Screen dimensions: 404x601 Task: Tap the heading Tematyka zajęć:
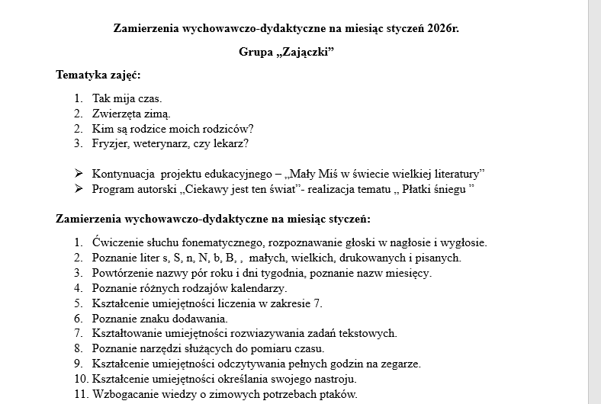click(98, 75)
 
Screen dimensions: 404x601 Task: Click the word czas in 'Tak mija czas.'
click(149, 98)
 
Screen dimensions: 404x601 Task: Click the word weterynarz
click(162, 143)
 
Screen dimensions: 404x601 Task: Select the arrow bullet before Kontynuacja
click(79, 173)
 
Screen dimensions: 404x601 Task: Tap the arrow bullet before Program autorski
click(79, 188)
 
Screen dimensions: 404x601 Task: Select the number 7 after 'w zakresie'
click(318, 303)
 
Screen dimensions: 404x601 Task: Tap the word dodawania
click(201, 319)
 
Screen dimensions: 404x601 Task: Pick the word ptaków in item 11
click(339, 394)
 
